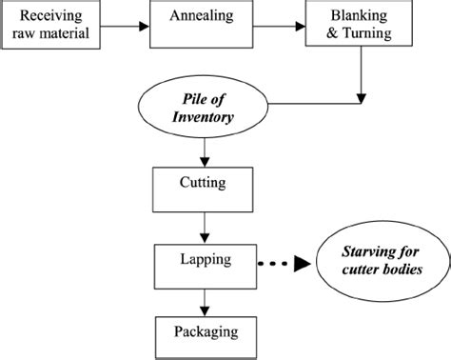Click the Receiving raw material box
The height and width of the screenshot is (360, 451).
click(x=51, y=25)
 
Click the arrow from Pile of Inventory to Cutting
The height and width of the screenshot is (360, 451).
click(x=203, y=152)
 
